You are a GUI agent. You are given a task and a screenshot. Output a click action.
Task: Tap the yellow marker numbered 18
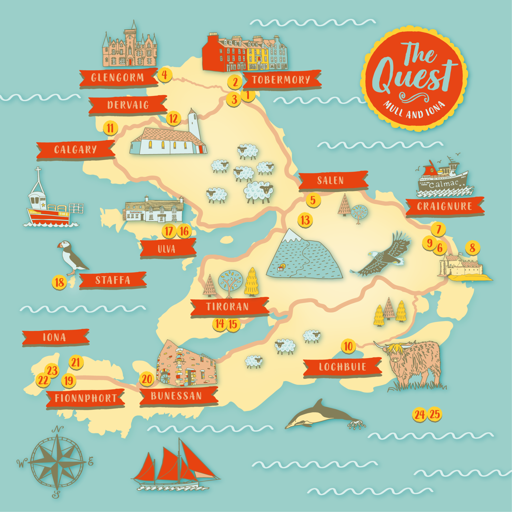click(59, 282)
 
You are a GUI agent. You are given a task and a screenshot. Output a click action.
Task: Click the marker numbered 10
click(348, 346)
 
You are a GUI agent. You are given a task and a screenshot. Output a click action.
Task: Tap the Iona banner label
click(55, 337)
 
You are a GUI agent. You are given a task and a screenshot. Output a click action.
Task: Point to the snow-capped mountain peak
click(291, 235)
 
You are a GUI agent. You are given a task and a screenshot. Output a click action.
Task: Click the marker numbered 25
click(435, 414)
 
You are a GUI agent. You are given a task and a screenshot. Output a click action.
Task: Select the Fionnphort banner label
click(85, 398)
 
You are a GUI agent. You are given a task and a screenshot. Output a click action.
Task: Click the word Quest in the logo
click(412, 77)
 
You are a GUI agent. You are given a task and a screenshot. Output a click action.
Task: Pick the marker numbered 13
click(305, 220)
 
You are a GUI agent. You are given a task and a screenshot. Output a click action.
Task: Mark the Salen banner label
click(330, 180)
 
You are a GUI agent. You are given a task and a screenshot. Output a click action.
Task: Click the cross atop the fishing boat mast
click(38, 170)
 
